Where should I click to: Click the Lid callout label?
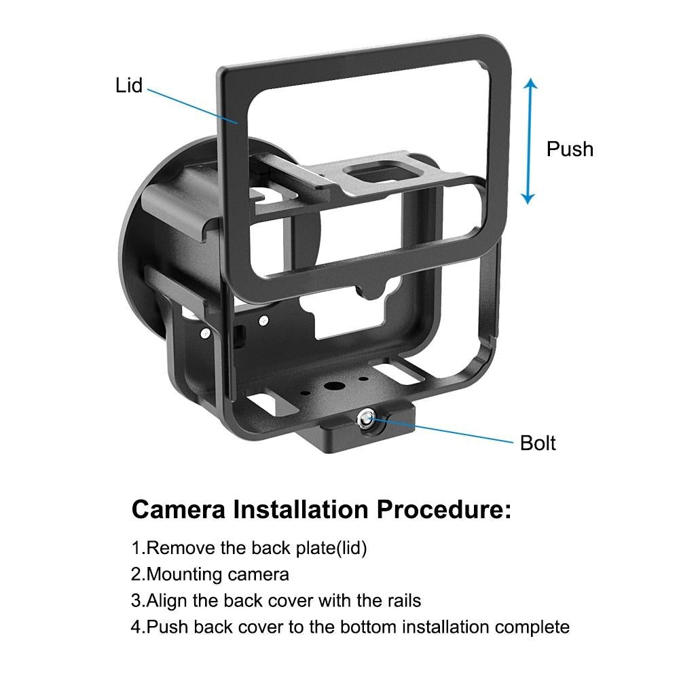pyautogui.click(x=129, y=86)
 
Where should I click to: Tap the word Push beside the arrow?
pyautogui.click(x=570, y=149)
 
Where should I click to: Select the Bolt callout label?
pyautogui.click(x=538, y=443)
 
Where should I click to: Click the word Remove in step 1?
pyautogui.click(x=179, y=548)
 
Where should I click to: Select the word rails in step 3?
pyautogui.click(x=401, y=600)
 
